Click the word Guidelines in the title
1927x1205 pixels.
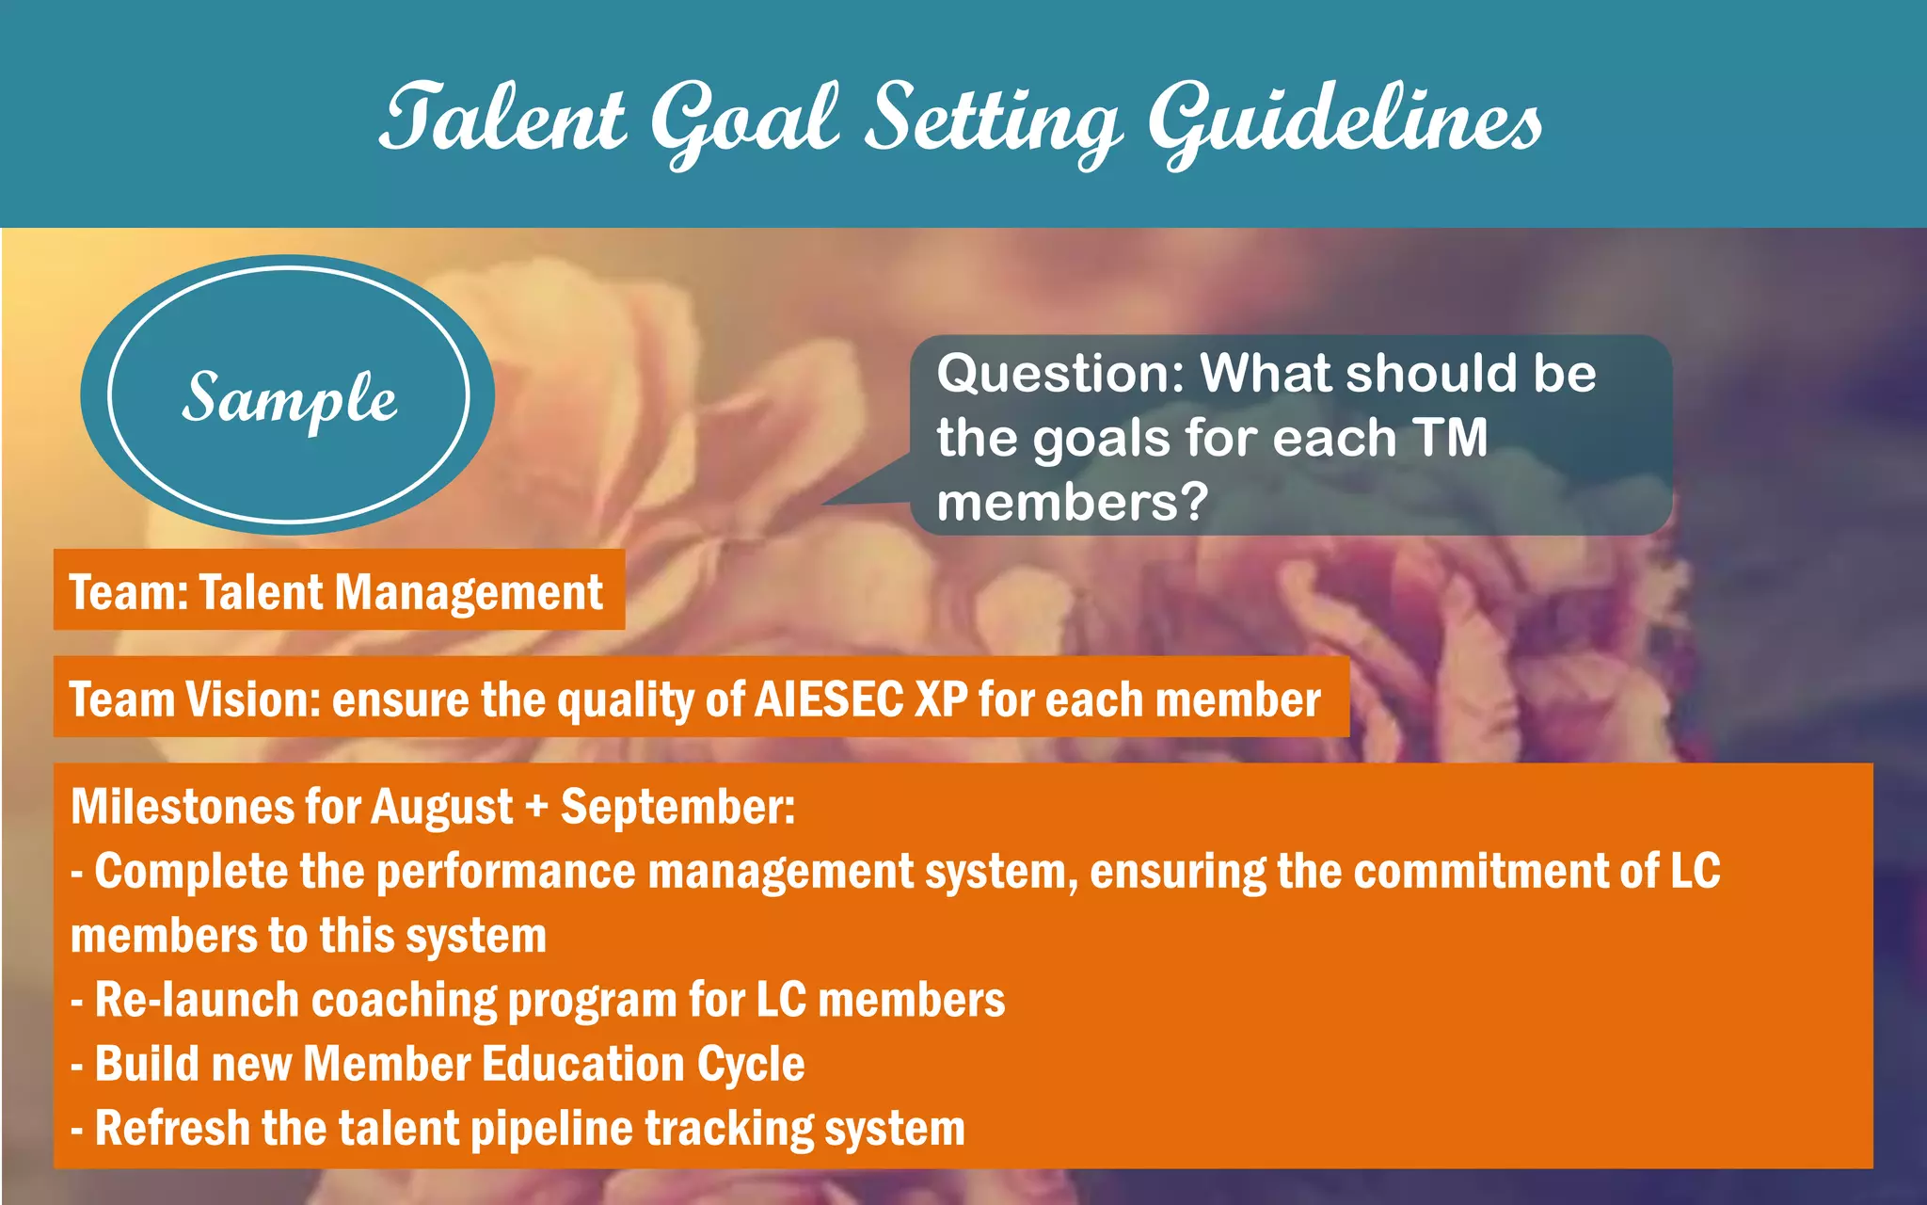[x=1346, y=120]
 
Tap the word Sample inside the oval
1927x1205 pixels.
[x=290, y=397]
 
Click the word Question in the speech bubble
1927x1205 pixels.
[x=1060, y=374]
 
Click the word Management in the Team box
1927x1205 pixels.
[x=468, y=592]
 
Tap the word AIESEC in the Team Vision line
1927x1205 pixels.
[x=829, y=699]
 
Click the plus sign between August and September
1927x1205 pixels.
[x=536, y=808]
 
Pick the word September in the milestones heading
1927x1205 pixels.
[x=677, y=807]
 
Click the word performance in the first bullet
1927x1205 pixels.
[x=506, y=872]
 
